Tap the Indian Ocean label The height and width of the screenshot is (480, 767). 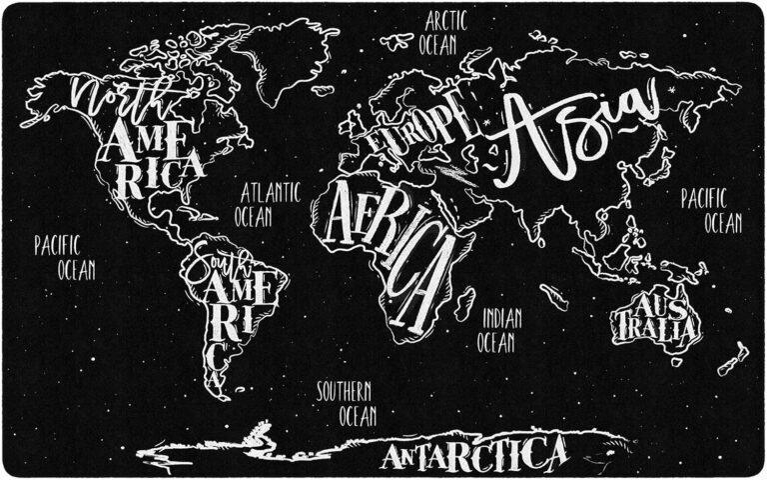496,330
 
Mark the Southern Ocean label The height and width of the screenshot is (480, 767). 346,403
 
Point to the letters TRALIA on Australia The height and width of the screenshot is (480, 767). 656,327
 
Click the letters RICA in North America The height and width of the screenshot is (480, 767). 165,172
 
